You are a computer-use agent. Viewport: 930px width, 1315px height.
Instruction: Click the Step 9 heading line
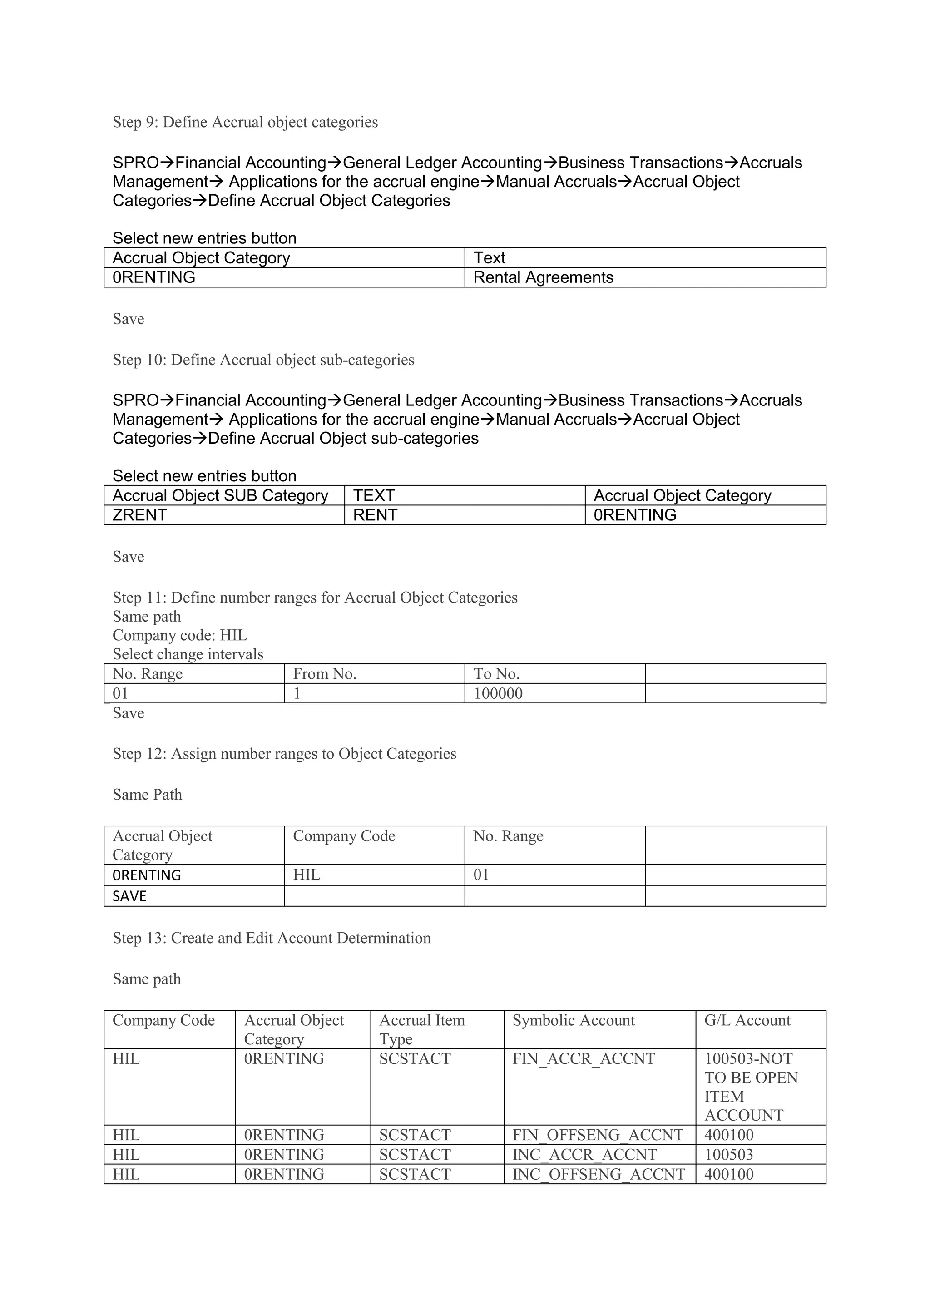pos(245,122)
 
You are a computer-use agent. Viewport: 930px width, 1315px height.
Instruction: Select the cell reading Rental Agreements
pos(543,277)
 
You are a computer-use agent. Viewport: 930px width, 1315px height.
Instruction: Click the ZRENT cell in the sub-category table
pos(140,515)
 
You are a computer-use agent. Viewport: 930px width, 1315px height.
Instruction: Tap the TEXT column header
pos(374,495)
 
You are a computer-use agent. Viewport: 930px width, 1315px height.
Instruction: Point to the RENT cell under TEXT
pos(375,515)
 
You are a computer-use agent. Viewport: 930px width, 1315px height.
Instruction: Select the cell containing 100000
pos(498,693)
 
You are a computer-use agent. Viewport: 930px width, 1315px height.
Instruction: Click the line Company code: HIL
pos(180,635)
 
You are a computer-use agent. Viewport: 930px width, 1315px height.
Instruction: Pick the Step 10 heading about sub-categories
pos(263,360)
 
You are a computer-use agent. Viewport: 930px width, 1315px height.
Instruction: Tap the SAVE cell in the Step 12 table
pos(130,896)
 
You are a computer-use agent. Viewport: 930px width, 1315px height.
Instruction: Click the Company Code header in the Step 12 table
pos(344,836)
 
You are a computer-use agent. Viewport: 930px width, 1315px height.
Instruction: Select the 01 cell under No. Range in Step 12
pos(481,875)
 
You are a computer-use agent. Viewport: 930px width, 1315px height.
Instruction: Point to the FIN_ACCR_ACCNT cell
pos(584,1058)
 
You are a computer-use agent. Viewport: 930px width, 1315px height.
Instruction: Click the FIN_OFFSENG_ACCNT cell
pos(598,1135)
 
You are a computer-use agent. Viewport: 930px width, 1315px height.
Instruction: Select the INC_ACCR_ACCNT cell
pos(584,1154)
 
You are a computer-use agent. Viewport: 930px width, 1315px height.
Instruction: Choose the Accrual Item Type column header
pos(422,1029)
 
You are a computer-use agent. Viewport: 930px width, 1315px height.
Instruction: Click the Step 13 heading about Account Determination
pos(272,938)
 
